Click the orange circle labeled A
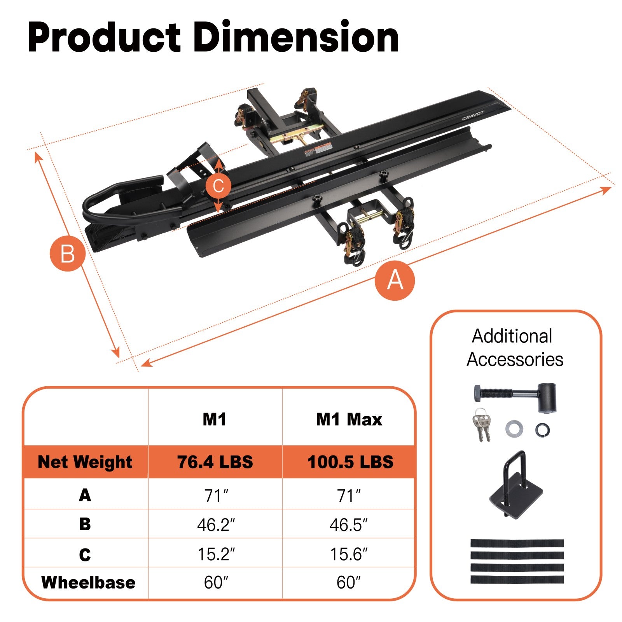395,280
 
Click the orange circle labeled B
68,254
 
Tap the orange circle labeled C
218,186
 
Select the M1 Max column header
349,420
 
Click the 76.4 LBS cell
215,462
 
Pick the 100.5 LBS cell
350,462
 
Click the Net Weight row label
85,462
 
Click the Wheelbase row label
88,583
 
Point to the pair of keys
482,425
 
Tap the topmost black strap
517,543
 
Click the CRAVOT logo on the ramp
473,116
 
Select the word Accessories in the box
515,359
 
